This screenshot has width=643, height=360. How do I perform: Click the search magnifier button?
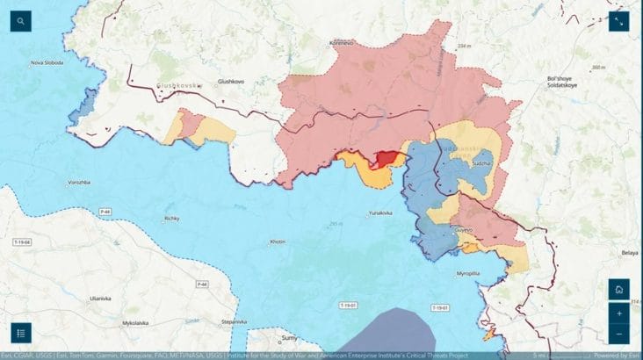pyautogui.click(x=20, y=21)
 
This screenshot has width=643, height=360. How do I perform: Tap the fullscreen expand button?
pyautogui.click(x=619, y=21)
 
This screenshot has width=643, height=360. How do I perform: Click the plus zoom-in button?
pyautogui.click(x=619, y=313)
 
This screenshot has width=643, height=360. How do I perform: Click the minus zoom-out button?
pyautogui.click(x=619, y=334)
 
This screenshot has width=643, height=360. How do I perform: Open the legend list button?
pyautogui.click(x=21, y=333)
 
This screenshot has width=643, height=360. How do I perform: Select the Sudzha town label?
pyautogui.click(x=482, y=163)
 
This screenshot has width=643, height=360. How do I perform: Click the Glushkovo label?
pyautogui.click(x=231, y=82)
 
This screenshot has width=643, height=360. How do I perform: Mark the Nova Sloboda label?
pyautogui.click(x=48, y=62)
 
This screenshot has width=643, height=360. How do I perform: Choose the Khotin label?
pyautogui.click(x=278, y=241)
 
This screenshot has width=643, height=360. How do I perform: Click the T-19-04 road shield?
pyautogui.click(x=21, y=241)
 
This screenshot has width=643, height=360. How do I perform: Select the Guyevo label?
pyautogui.click(x=463, y=230)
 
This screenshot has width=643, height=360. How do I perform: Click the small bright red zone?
pyautogui.click(x=385, y=158)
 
